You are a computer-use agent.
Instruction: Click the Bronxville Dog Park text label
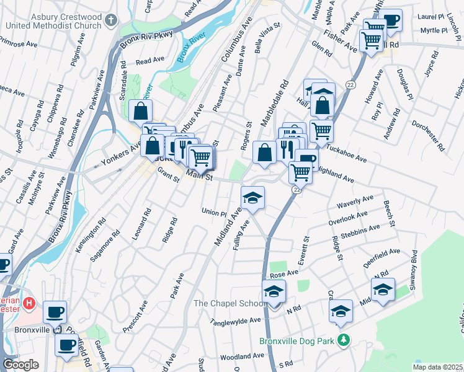click(x=297, y=341)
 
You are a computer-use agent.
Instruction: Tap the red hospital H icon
click(x=28, y=304)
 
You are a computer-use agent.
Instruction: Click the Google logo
click(x=20, y=365)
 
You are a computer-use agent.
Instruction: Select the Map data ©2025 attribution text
click(x=437, y=367)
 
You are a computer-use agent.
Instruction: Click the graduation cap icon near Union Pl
click(x=252, y=198)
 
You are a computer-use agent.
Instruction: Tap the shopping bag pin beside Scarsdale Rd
click(x=141, y=111)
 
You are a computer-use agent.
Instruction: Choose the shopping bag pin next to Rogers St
click(x=264, y=153)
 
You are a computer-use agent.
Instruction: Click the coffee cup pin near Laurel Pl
click(x=391, y=20)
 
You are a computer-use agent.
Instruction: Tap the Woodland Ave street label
click(x=242, y=356)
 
